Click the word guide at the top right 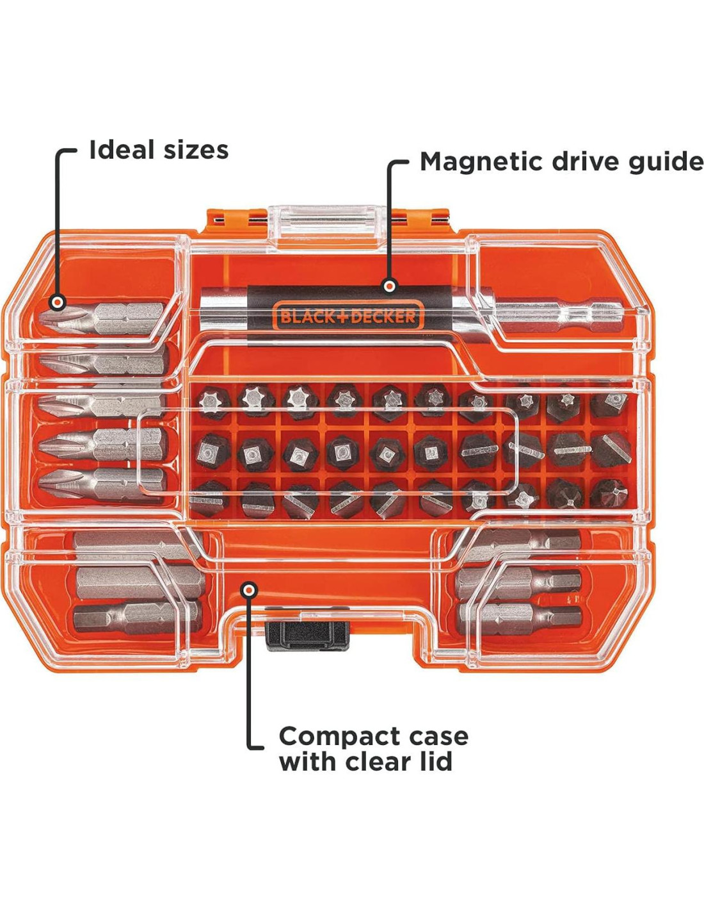pos(665,161)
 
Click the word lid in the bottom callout pos(435,762)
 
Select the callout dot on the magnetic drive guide pos(388,286)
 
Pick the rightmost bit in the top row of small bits pos(610,403)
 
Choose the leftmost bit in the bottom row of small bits pos(209,498)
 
